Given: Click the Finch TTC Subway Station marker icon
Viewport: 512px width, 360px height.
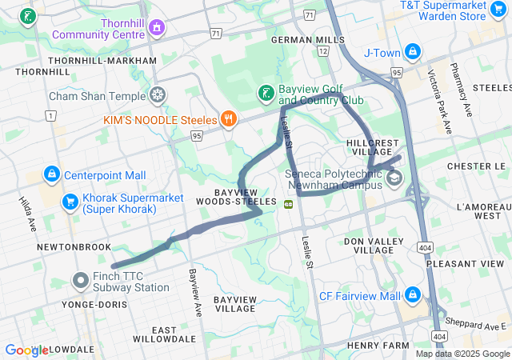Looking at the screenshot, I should coord(81,280).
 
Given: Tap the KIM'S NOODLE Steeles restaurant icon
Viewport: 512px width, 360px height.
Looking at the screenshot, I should coord(229,120).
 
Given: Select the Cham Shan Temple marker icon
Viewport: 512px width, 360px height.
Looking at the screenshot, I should coord(158,96).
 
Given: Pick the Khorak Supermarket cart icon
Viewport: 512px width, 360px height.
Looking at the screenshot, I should coord(70,200).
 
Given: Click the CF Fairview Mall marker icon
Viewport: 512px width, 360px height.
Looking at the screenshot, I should coord(411,295).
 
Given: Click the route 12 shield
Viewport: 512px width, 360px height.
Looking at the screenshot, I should coord(323,51).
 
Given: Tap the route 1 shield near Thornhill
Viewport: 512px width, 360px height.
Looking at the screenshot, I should coord(51,116).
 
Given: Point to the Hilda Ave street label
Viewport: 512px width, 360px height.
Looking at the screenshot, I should coord(26,214).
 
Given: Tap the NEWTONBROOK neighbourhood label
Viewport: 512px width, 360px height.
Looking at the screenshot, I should coord(74,247).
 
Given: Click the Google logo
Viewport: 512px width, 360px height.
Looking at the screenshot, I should coord(27,350).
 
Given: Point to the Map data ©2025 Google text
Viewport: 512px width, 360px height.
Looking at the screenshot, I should coord(462,354).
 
